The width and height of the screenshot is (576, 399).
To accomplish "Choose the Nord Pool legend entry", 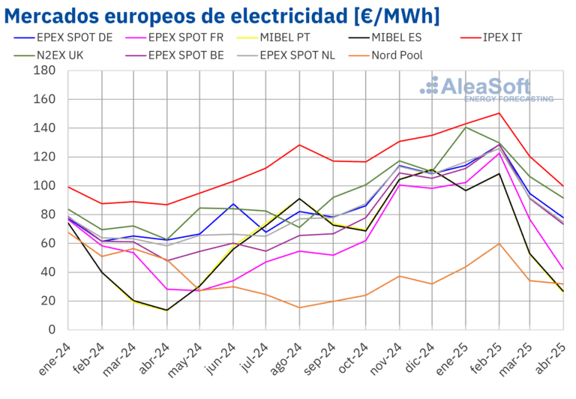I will point(397,55).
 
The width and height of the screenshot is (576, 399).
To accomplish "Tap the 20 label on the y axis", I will point(49,301).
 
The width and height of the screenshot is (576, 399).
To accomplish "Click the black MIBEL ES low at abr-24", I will point(166,310).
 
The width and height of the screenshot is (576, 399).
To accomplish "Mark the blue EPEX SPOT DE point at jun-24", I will point(233,204).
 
